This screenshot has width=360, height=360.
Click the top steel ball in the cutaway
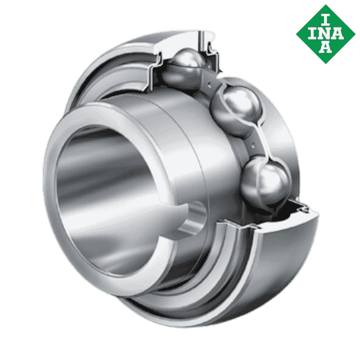point(187,68)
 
